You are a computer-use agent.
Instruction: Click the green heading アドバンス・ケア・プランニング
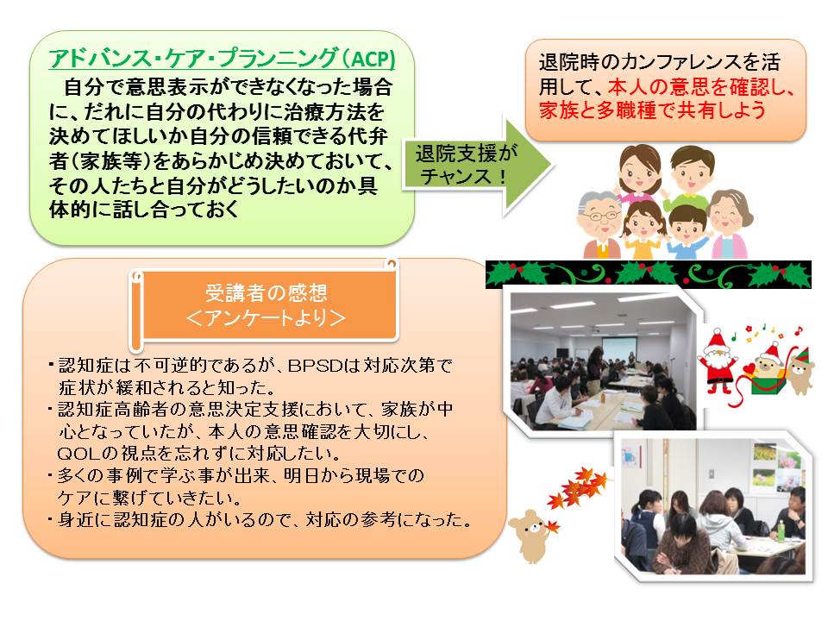pos(193,58)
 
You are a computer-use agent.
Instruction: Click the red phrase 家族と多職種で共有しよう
pos(652,110)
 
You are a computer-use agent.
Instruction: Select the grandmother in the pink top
pos(730,224)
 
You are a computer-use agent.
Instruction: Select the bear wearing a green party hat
pos(801,370)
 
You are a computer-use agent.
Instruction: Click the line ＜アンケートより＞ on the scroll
pos(266,318)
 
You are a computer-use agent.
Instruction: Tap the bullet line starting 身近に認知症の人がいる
pos(260,519)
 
